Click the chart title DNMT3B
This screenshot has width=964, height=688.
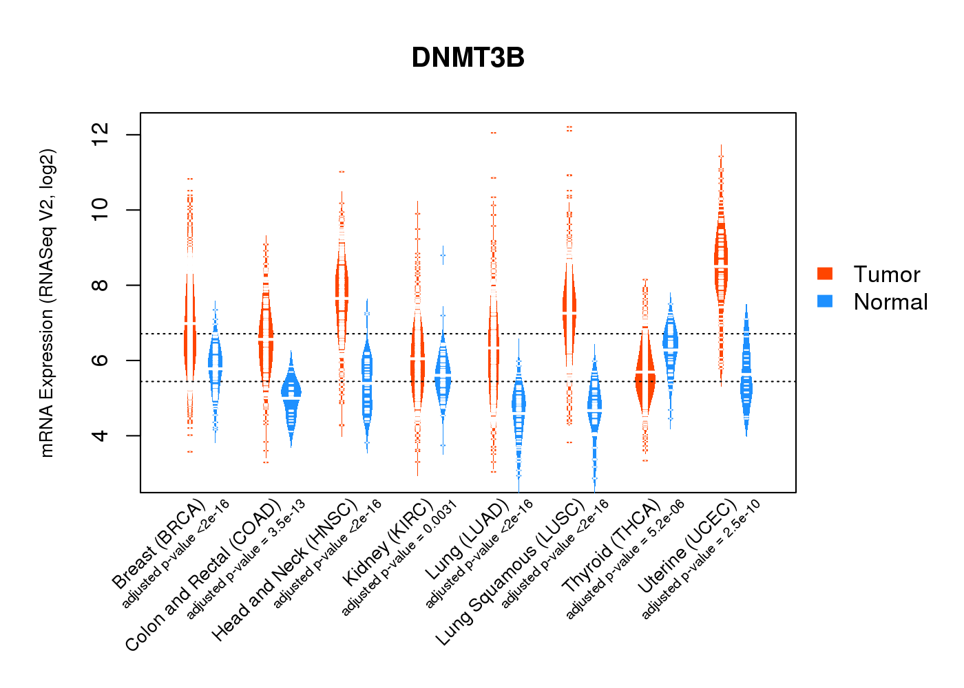pyautogui.click(x=468, y=58)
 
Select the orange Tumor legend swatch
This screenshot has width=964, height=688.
pyautogui.click(x=825, y=274)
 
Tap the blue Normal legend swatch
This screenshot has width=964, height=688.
pyautogui.click(x=825, y=301)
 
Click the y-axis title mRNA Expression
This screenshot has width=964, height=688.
pyautogui.click(x=47, y=303)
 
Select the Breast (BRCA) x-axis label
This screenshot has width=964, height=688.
pyautogui.click(x=158, y=544)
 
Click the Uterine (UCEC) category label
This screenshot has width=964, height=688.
pyautogui.click(x=686, y=545)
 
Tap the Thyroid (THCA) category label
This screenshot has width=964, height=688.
pyautogui.click(x=611, y=547)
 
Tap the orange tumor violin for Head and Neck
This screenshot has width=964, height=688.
pyautogui.click(x=342, y=296)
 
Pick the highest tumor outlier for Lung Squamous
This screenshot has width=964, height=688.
pyautogui.click(x=569, y=127)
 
